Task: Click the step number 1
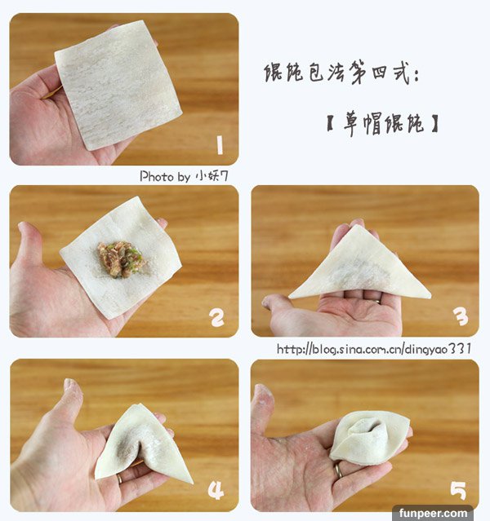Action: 219,145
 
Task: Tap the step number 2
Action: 217,317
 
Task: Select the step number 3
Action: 461,316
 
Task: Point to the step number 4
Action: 216,490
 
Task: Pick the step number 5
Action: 458,491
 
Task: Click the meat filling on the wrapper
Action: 121,259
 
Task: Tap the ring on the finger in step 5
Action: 338,470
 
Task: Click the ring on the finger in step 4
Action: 119,479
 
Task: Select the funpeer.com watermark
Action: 433,514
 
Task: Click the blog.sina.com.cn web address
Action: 374,349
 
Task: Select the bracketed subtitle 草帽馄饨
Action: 383,124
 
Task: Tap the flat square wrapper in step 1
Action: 118,85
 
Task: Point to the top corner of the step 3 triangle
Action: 357,225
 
